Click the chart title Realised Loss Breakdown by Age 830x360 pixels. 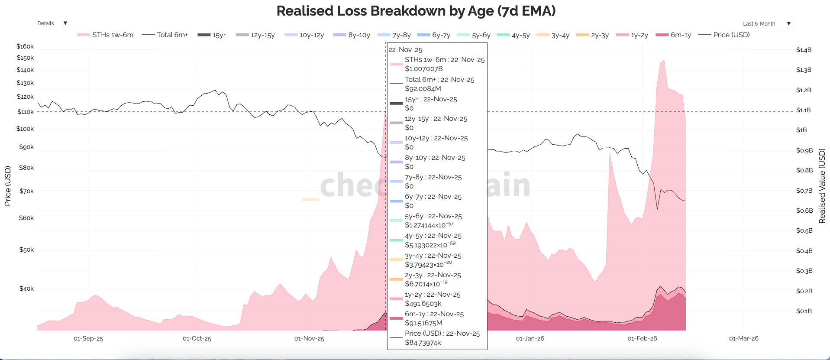point(416,11)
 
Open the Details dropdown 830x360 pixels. point(51,23)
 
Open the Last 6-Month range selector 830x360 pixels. point(765,24)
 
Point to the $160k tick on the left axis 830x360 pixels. point(25,46)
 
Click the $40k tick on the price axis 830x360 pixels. point(26,289)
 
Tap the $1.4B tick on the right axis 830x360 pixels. point(804,50)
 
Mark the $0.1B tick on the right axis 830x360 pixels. point(804,311)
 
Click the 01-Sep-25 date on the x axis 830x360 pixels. point(88,338)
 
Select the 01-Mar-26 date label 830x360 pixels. point(743,338)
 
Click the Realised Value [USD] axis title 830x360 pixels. point(822,186)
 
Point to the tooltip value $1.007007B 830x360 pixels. point(423,69)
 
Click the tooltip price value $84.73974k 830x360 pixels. point(423,343)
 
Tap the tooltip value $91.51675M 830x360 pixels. point(423,323)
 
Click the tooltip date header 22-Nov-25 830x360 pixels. point(405,50)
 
